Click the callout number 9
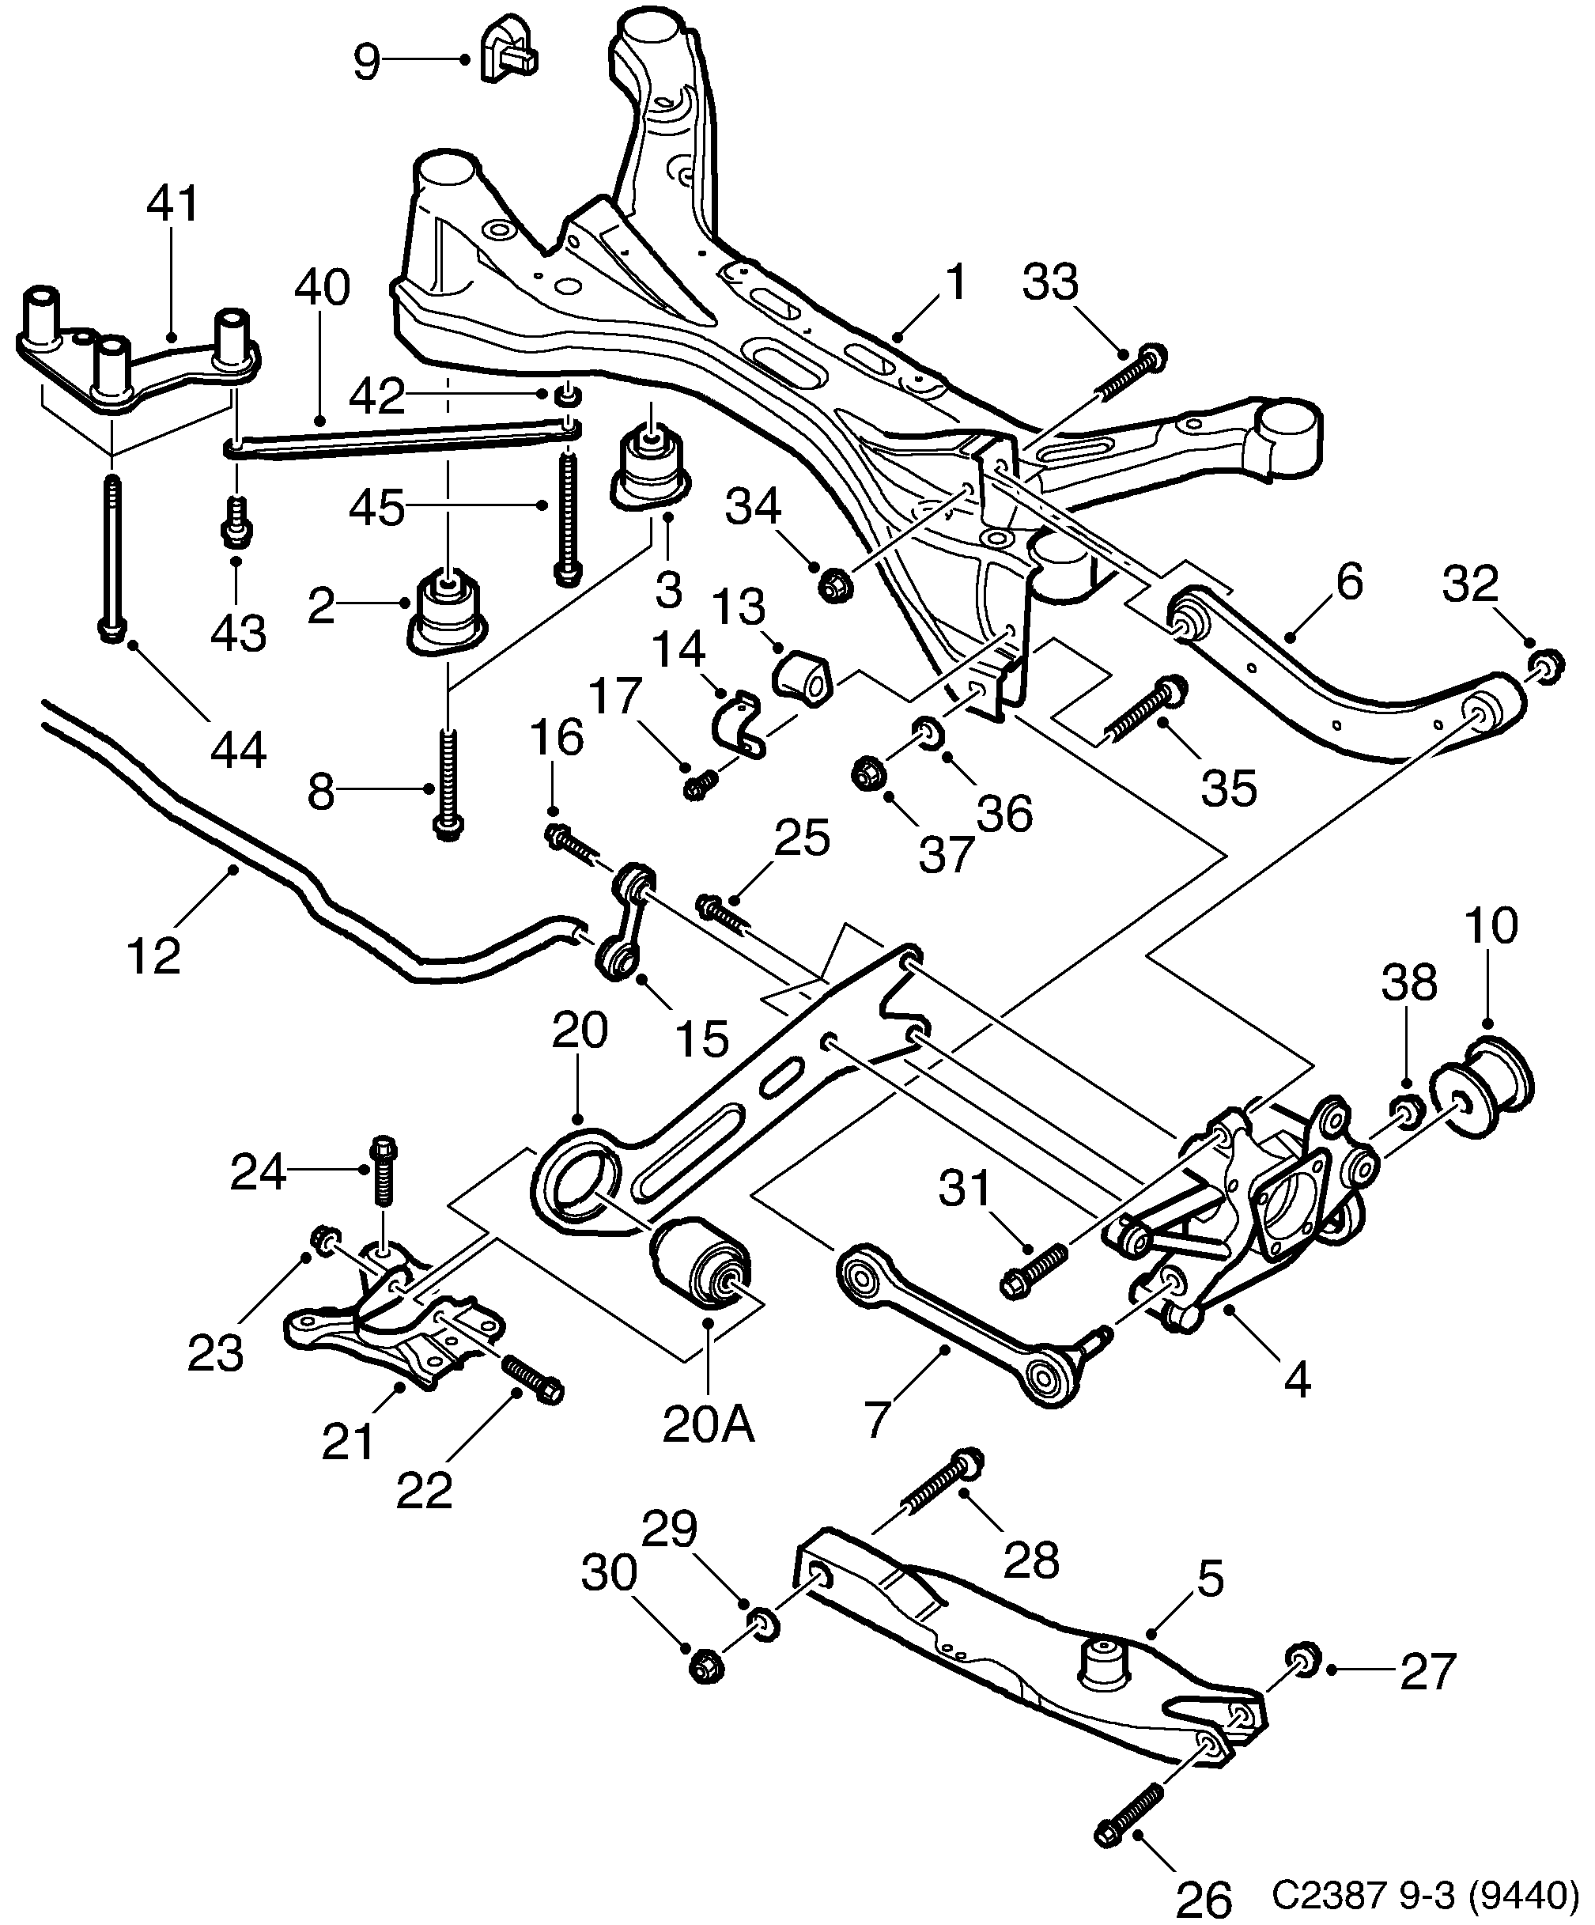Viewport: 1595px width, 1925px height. click(x=366, y=62)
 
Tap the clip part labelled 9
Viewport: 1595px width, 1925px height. click(x=507, y=51)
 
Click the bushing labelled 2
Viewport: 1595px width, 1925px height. click(x=448, y=615)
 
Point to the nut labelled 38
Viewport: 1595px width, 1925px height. click(x=1406, y=1112)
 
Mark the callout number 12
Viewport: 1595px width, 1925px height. click(x=154, y=956)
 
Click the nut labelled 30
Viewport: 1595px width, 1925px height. click(x=705, y=1665)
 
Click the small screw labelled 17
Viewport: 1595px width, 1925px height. click(x=701, y=785)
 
